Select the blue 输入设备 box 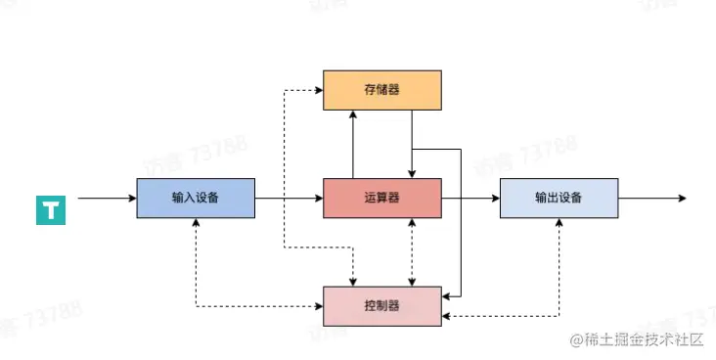(195, 198)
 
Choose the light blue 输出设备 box (559, 198)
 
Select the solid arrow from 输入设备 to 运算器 (289, 198)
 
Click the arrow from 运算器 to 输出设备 (470, 198)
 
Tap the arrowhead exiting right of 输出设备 (682, 198)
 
